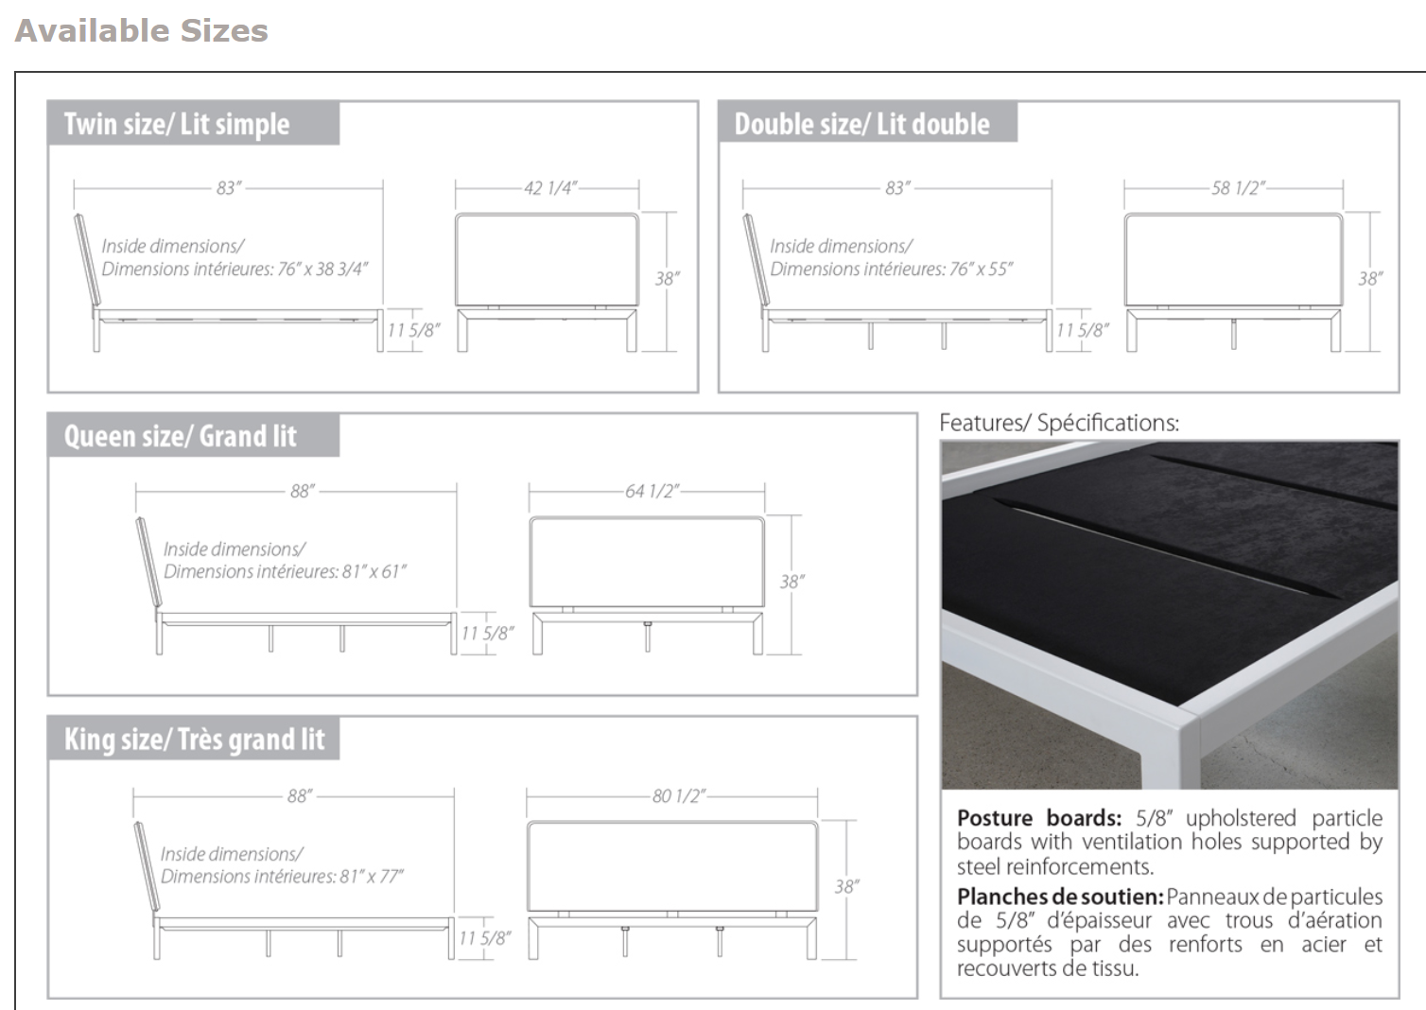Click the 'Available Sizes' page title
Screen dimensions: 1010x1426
[142, 30]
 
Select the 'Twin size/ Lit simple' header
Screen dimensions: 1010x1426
[177, 124]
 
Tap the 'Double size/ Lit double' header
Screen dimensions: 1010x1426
[861, 124]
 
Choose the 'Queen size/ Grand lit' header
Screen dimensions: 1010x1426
[180, 436]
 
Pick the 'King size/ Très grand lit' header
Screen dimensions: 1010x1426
[194, 739]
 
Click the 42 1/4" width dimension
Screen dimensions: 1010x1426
[550, 188]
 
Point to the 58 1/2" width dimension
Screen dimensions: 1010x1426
[1238, 188]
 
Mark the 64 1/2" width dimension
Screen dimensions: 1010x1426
[652, 491]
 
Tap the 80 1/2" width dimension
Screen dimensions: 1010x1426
[678, 795]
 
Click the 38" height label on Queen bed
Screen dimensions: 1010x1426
[791, 582]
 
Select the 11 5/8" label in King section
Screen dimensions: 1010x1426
[484, 937]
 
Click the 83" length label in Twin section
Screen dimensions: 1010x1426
[229, 188]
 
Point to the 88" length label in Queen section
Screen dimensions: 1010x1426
[302, 491]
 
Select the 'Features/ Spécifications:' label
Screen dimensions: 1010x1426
[1059, 423]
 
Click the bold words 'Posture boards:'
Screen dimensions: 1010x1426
[1038, 818]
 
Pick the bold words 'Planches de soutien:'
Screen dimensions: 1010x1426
[1059, 897]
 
